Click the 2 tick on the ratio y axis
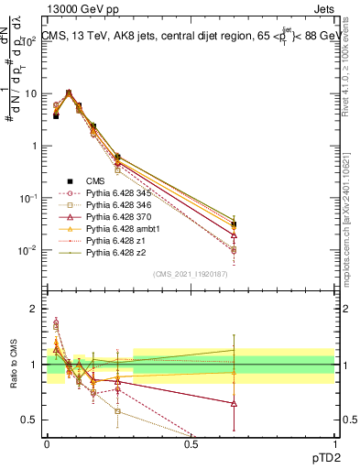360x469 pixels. click(36, 309)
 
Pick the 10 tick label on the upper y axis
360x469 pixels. click(33, 93)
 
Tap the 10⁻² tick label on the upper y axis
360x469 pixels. click(31, 250)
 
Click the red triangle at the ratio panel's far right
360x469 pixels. click(234, 403)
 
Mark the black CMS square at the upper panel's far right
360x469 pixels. click(234, 224)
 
